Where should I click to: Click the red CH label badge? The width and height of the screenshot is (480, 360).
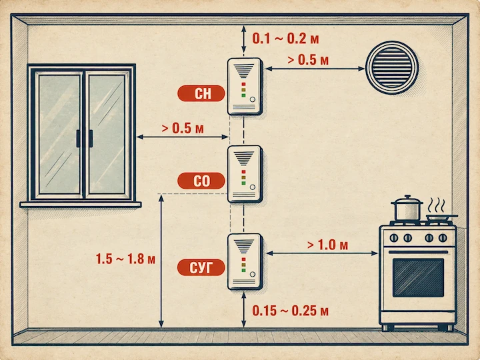click(201, 93)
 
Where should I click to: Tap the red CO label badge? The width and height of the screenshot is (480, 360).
click(201, 181)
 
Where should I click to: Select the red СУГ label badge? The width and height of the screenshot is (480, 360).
click(201, 267)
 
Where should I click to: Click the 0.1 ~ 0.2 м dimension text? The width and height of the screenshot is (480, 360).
click(285, 39)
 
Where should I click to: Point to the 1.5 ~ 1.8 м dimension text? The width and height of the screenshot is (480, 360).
click(125, 259)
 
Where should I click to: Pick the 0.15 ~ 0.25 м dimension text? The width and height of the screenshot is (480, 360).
click(290, 311)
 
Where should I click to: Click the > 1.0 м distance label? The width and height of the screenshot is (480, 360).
click(327, 245)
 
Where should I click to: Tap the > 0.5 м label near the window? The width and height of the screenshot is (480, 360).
click(183, 128)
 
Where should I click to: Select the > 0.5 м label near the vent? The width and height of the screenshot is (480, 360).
click(308, 60)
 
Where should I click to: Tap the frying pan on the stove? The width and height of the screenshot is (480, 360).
click(442, 217)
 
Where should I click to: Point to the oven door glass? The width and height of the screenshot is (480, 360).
click(418, 277)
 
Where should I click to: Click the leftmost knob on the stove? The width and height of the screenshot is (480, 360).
click(394, 237)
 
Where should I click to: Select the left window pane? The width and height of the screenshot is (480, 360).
click(59, 134)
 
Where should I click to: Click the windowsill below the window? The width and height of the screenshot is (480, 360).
click(81, 205)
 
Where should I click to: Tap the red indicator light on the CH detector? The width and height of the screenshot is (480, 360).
click(244, 84)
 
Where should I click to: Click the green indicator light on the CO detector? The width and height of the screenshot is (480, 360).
click(244, 183)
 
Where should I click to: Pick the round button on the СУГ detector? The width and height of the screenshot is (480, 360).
click(253, 274)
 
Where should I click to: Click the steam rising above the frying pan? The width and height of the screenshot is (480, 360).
click(437, 205)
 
